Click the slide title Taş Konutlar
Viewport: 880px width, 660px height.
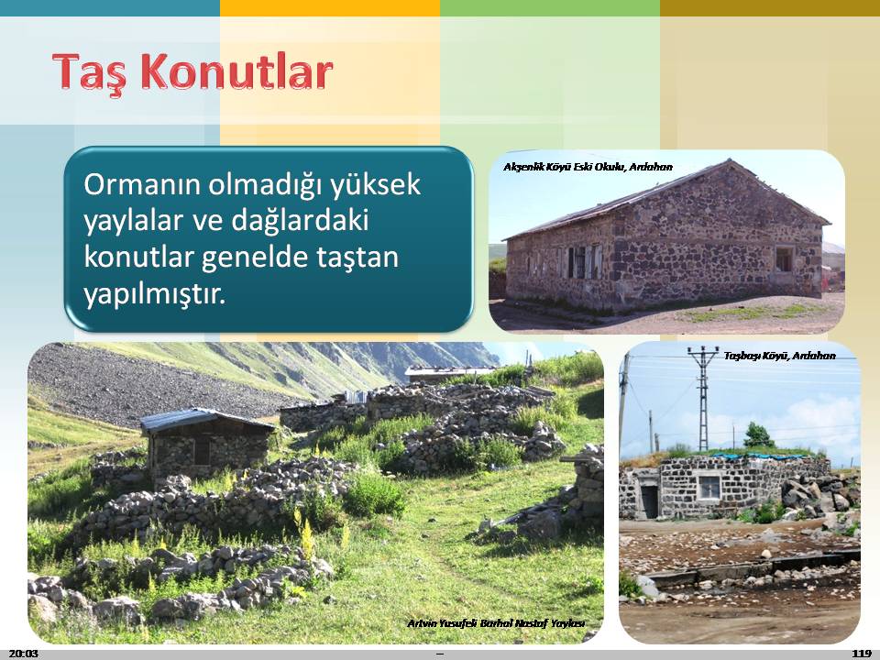click(192, 72)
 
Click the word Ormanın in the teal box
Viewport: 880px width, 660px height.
click(141, 184)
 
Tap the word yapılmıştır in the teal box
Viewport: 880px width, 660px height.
click(154, 293)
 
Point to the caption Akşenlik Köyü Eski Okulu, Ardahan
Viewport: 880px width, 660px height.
click(588, 167)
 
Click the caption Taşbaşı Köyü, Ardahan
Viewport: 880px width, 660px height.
click(779, 356)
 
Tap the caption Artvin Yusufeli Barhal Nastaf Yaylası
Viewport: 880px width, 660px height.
click(496, 623)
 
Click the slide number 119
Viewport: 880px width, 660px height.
click(862, 653)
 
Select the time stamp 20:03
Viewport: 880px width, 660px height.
click(24, 653)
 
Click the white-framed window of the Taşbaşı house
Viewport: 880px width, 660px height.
click(709, 487)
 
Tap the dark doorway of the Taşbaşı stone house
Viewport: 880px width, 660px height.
click(649, 500)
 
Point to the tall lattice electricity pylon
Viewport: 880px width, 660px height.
click(703, 397)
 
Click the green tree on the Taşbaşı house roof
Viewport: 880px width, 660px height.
click(758, 435)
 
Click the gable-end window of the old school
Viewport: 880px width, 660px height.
click(784, 258)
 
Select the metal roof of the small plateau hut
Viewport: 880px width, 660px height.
click(205, 419)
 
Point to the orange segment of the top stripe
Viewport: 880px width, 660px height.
click(330, 8)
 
